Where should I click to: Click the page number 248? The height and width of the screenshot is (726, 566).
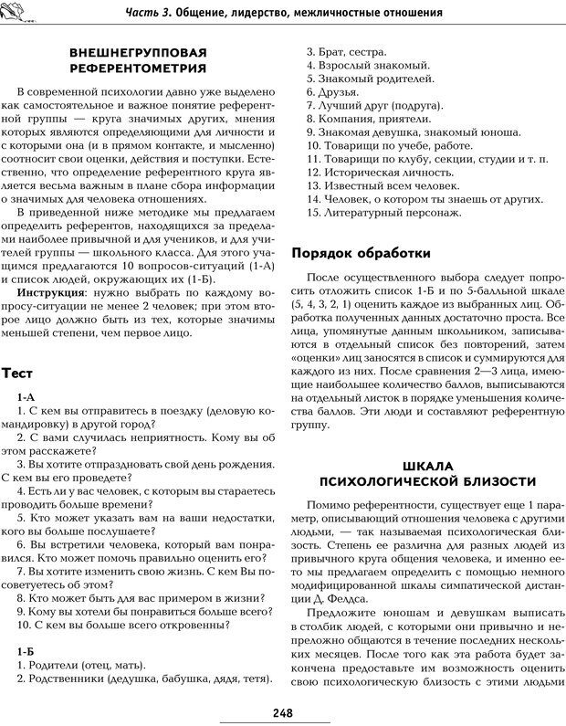coord(283,713)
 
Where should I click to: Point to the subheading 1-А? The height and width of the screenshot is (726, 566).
coord(26,398)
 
